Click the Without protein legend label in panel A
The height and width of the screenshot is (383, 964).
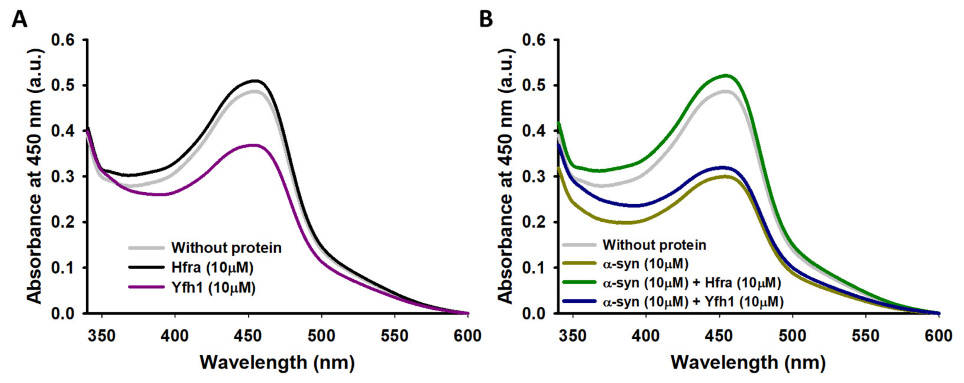226,248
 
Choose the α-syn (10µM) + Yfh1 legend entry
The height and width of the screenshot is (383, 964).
693,302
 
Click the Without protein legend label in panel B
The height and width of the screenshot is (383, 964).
654,245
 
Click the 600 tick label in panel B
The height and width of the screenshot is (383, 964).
939,336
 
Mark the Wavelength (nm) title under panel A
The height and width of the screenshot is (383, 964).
277,362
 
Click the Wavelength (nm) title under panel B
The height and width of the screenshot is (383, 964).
748,362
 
